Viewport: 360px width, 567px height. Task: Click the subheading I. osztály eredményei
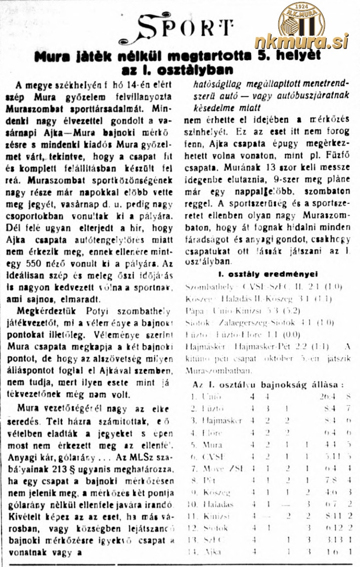(x=268, y=274)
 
